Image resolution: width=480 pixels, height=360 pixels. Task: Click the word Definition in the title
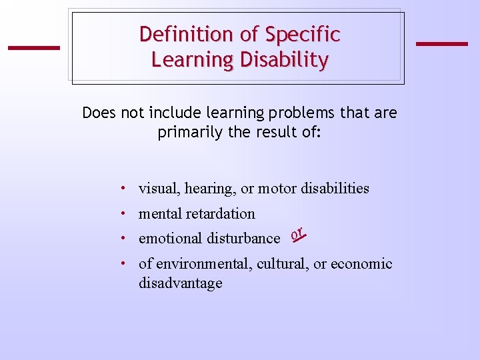[x=178, y=34]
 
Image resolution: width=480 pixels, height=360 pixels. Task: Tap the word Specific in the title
[x=303, y=34]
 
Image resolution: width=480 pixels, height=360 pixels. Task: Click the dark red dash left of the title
[x=33, y=47]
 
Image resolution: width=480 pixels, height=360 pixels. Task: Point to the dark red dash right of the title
[x=441, y=44]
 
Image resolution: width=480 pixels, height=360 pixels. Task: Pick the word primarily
[x=191, y=132]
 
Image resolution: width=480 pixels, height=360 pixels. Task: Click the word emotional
[x=171, y=238]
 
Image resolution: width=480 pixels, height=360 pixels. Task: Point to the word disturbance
[x=243, y=238]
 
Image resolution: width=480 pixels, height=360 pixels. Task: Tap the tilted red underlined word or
[x=298, y=233]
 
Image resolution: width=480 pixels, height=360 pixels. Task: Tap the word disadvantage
[x=180, y=283]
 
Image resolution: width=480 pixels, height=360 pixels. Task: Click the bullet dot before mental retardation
[x=125, y=213]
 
